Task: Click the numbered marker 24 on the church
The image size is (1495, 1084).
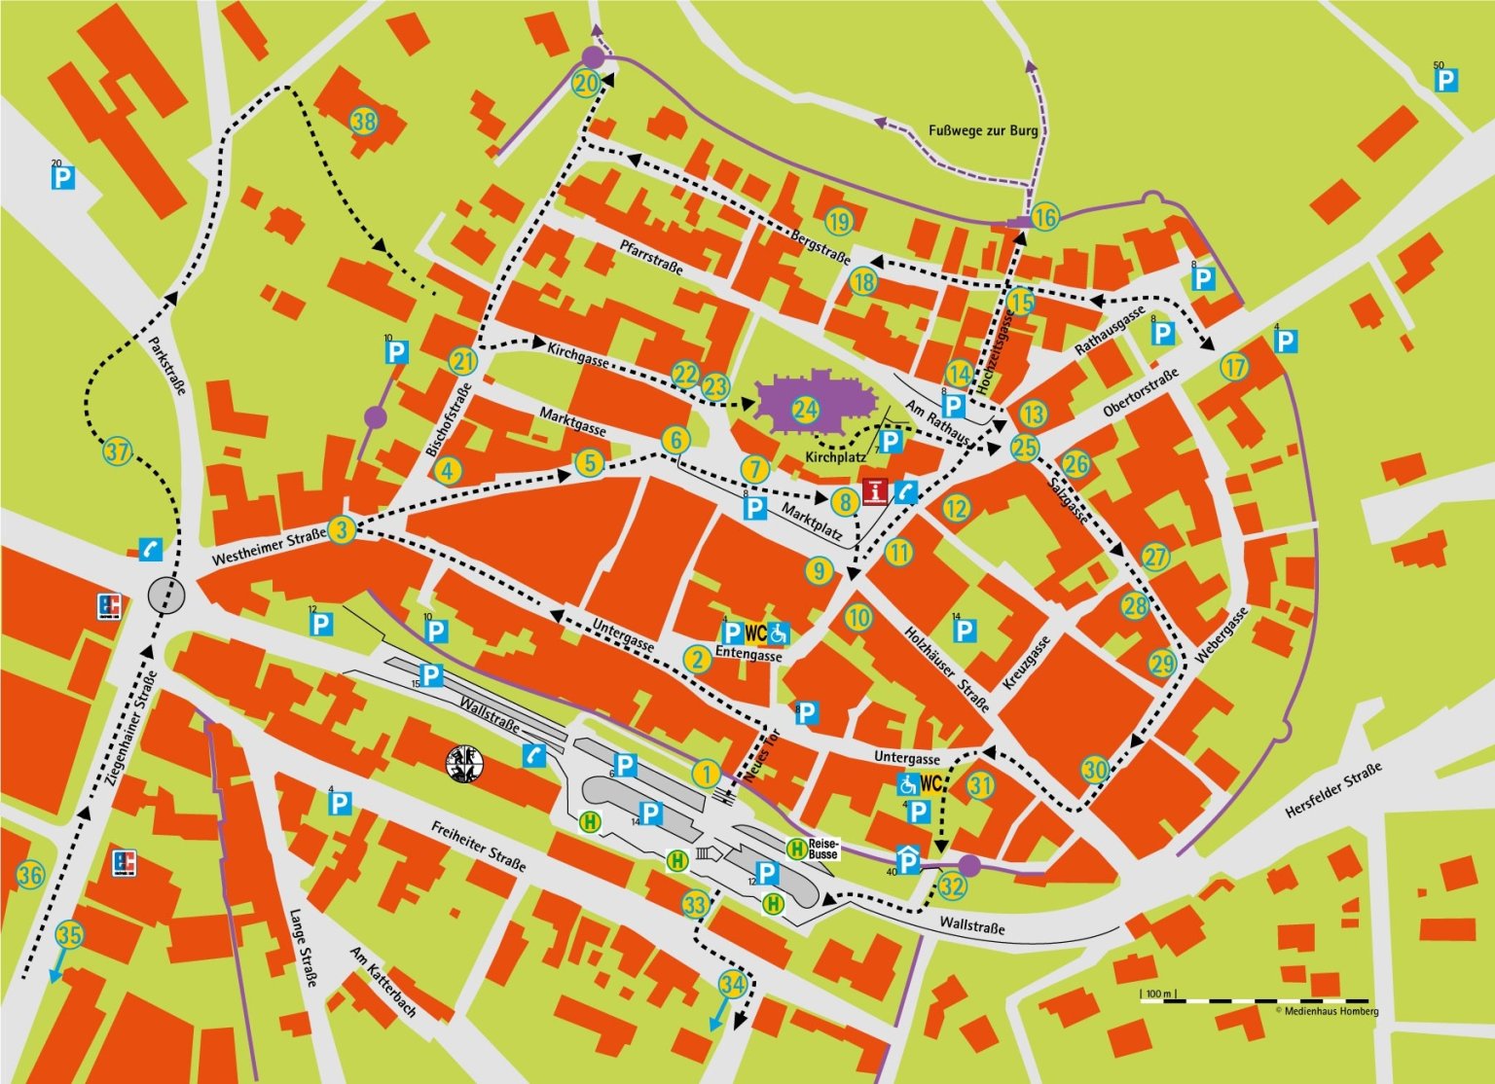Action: point(805,409)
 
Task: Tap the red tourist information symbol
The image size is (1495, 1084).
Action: point(876,492)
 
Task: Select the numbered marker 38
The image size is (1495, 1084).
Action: point(364,122)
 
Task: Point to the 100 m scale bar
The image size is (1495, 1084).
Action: point(1256,998)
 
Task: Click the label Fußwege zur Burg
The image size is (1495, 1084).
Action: point(983,130)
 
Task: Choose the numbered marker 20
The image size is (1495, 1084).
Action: point(586,84)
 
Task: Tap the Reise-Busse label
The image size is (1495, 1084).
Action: point(823,848)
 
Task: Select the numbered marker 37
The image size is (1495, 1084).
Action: point(118,452)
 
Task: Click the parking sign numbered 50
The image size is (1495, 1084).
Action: point(1446,79)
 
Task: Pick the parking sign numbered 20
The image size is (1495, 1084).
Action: point(63,177)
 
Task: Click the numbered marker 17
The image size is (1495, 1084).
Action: point(1234,368)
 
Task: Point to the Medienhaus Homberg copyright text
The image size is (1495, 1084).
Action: point(1327,1012)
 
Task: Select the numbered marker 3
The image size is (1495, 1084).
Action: point(342,530)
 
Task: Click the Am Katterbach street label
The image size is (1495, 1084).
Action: point(383,982)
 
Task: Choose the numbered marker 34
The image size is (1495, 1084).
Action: point(732,984)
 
